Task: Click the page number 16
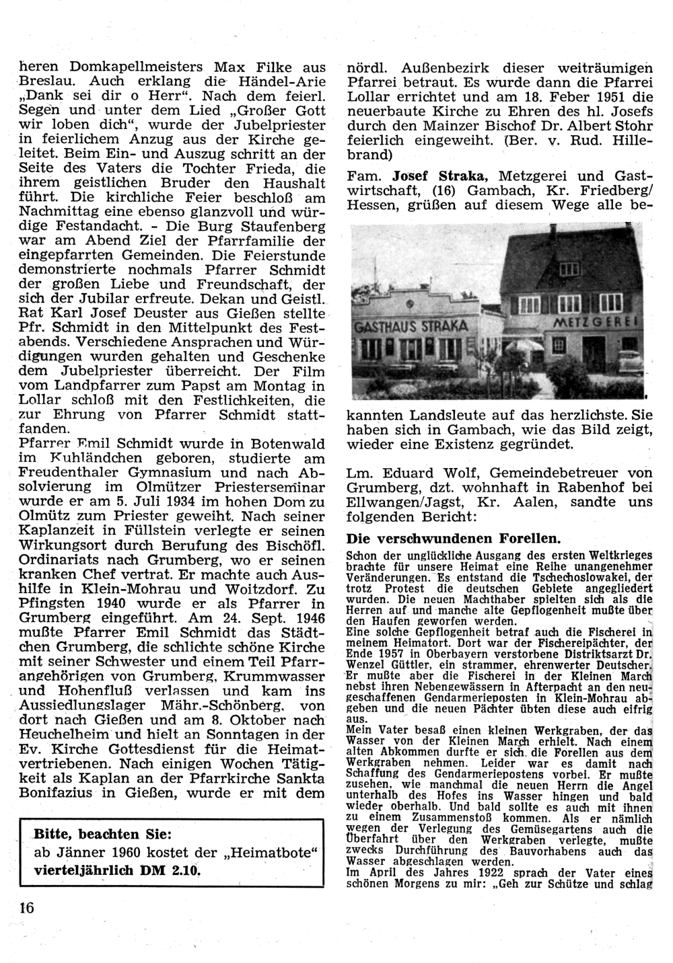pyautogui.click(x=26, y=906)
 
